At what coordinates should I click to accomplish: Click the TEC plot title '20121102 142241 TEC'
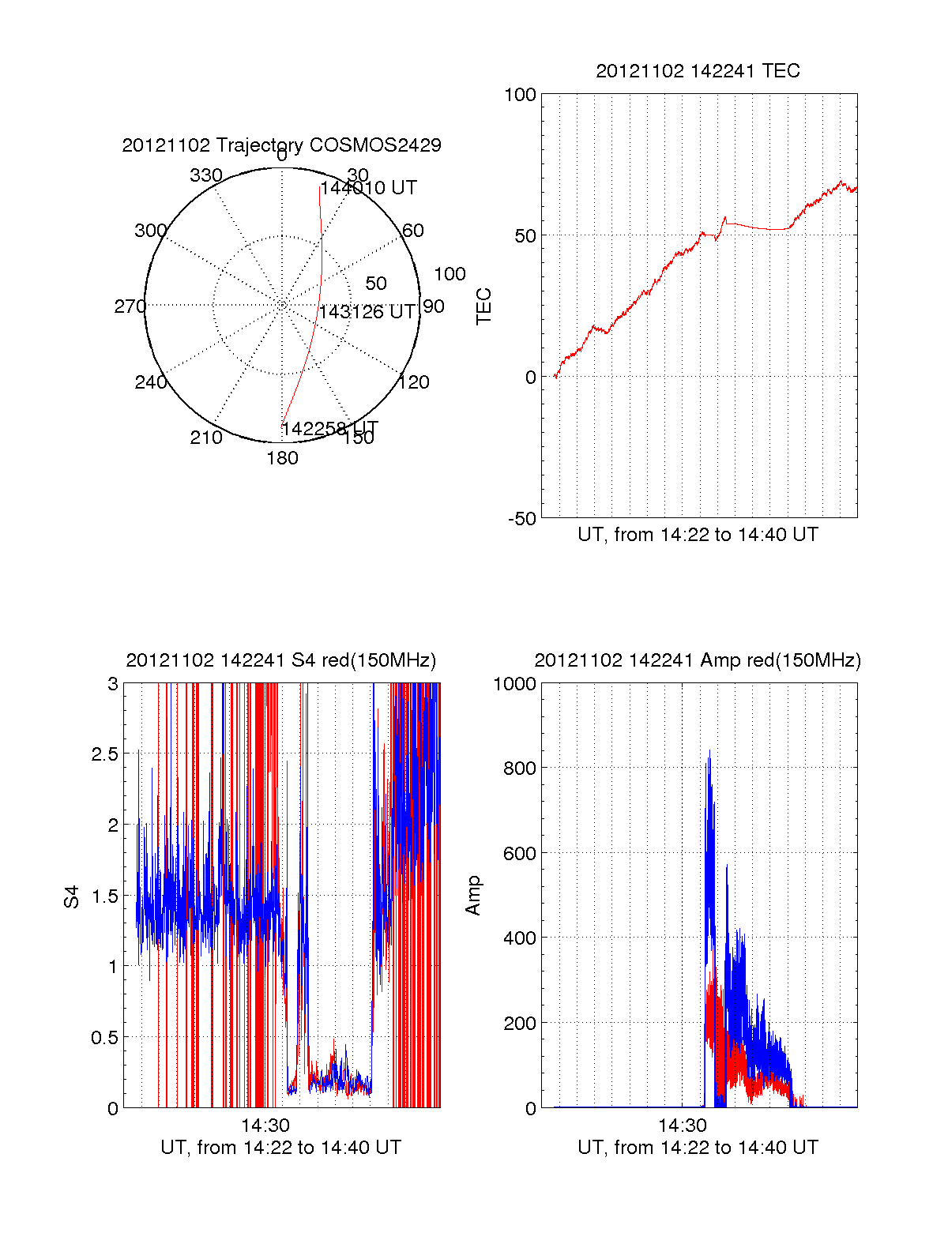698,71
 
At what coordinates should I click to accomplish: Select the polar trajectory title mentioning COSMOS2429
281,145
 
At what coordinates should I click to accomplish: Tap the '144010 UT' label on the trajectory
368,188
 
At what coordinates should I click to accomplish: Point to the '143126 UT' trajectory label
367,312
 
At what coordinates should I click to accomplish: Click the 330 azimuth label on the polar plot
206,175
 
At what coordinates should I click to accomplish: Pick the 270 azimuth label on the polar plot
130,306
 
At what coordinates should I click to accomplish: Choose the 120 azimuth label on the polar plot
414,382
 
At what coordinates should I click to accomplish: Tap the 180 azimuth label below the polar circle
282,458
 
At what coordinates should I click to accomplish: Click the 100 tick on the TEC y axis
520,95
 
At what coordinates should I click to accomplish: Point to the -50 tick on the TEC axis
521,519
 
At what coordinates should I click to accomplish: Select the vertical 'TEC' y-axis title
483,306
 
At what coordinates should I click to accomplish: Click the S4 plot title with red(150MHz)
280,660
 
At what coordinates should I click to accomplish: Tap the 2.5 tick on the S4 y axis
105,754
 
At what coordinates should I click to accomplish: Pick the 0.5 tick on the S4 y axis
105,1038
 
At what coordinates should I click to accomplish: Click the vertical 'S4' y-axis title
72,896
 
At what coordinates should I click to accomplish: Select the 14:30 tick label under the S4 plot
265,1126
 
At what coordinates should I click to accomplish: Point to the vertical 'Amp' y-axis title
473,896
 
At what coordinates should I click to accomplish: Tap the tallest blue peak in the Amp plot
709,751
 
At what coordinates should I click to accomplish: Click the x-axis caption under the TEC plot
698,535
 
